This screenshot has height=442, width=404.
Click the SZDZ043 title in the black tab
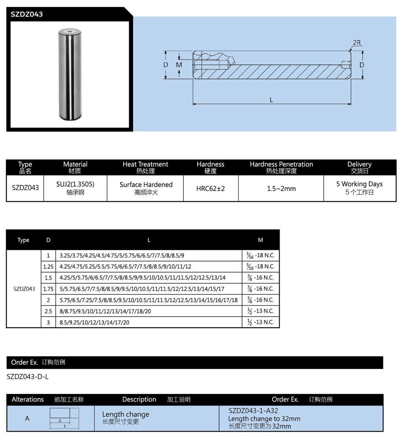27,14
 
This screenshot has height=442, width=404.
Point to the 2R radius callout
357,42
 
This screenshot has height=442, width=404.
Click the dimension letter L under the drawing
271,99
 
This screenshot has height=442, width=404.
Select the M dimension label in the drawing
179,65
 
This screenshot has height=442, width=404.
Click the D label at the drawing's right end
362,65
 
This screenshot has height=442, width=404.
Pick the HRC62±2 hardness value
210,188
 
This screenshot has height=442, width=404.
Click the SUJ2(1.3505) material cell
75,184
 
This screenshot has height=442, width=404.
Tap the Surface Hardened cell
146,185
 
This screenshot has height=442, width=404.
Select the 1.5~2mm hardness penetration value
281,188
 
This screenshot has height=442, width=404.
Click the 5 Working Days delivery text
359,184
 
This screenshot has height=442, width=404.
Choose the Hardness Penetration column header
281,165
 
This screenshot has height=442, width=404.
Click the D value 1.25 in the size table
48,266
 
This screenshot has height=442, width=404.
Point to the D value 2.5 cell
48,311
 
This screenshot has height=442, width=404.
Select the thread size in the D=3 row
260,322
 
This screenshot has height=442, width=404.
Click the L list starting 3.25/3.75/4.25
122,256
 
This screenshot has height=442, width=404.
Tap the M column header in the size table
260,240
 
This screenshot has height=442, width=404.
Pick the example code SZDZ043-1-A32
253,410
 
